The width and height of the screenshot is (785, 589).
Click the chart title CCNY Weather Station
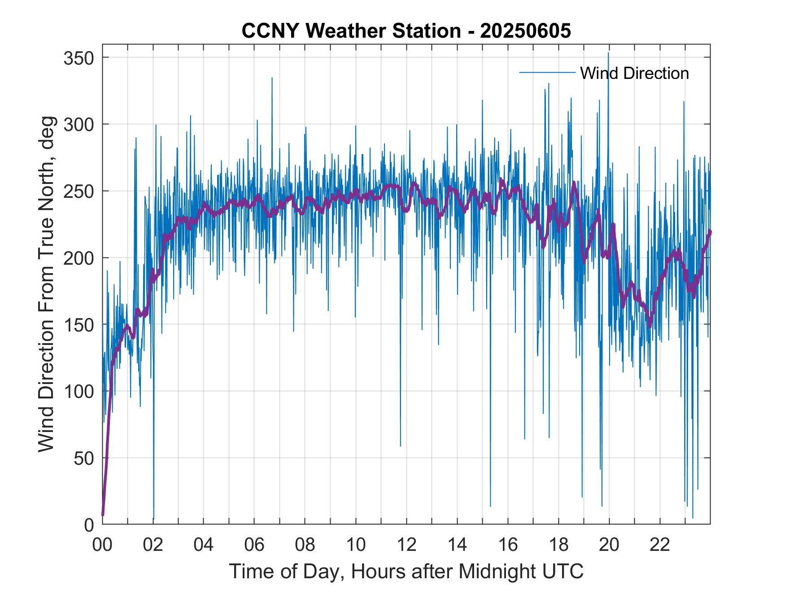(406, 31)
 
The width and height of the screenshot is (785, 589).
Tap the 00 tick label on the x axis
(102, 545)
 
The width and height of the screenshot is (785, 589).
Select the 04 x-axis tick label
(204, 545)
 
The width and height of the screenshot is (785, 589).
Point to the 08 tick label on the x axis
(305, 545)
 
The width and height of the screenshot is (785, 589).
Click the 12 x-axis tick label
(406, 545)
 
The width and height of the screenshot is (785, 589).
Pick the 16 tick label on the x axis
(508, 545)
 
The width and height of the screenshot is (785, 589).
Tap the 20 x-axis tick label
(609, 545)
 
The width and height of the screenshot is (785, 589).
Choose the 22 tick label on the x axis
(660, 545)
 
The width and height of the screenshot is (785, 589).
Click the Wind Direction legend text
(634, 73)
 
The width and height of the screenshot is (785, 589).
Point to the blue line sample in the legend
(547, 73)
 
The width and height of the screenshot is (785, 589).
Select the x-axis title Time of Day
(406, 572)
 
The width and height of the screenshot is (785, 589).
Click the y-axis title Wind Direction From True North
(46, 284)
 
